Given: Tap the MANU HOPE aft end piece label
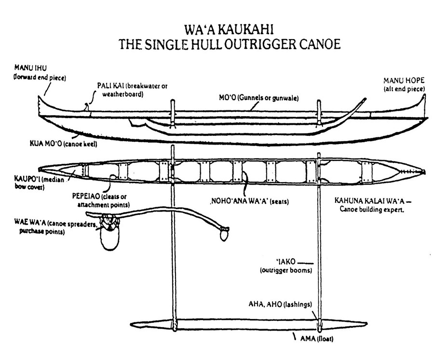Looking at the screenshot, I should coord(404,84).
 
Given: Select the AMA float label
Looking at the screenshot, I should coord(318,338).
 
